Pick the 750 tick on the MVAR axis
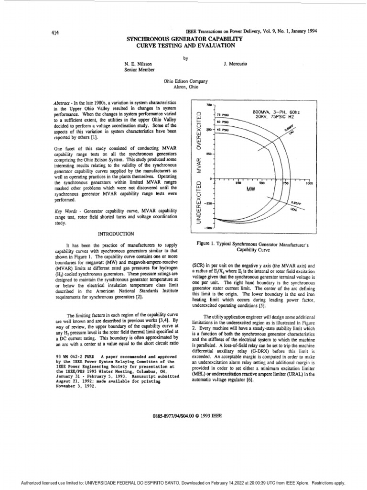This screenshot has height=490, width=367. (208, 104)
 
